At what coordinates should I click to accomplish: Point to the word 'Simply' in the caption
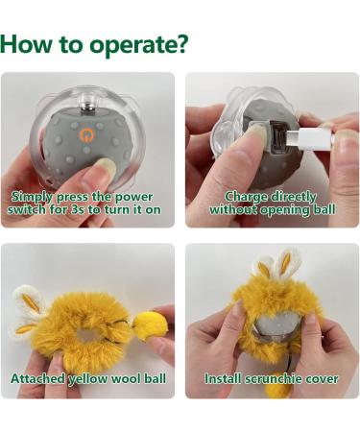pos(37,197)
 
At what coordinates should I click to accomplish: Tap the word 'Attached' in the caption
pos(40,378)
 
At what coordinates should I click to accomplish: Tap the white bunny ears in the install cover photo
pos(276,264)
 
